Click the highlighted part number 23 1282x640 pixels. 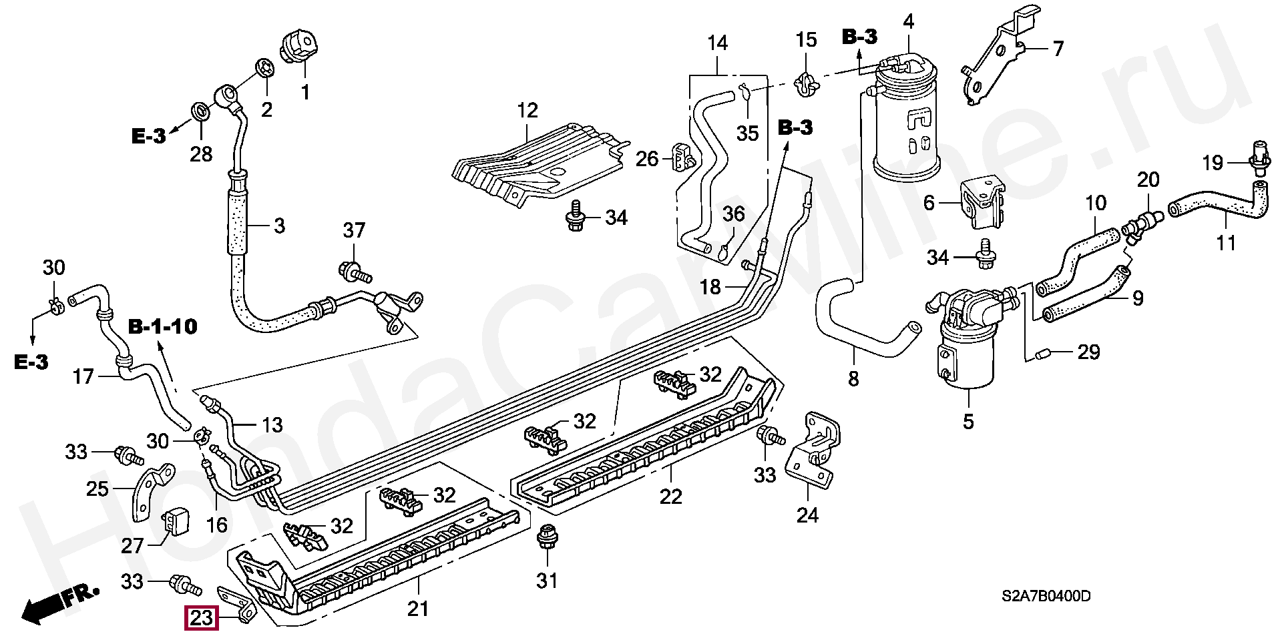point(201,618)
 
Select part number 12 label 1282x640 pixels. point(527,110)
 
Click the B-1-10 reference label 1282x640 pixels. point(163,327)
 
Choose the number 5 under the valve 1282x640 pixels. point(968,421)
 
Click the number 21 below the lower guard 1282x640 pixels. point(418,608)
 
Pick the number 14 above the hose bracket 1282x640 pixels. point(717,43)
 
